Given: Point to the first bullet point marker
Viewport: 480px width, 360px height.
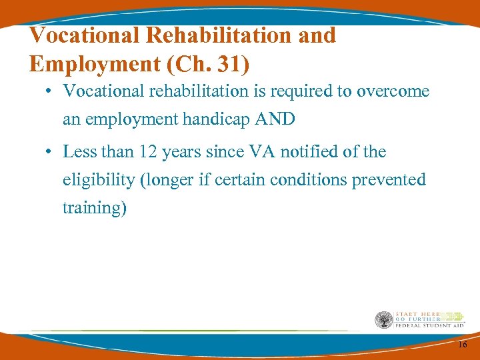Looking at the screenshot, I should [x=49, y=92].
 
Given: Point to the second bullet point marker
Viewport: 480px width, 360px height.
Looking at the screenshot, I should [x=49, y=153].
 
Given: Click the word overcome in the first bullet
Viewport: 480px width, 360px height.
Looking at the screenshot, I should [x=393, y=91].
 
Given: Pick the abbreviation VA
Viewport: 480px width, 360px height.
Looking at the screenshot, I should [x=262, y=152].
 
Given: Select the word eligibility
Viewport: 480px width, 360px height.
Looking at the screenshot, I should [x=97, y=180].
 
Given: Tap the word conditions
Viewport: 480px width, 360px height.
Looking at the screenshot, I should [x=322, y=180].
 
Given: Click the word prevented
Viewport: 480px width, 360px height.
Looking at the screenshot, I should [x=393, y=180].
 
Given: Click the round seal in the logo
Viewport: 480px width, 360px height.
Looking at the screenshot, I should [x=384, y=320].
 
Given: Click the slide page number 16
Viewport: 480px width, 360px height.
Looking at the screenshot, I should [x=462, y=345].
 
